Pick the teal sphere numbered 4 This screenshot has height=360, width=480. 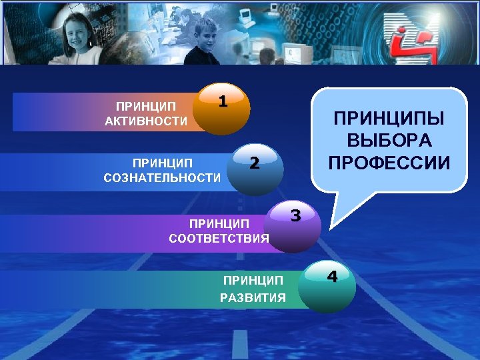pyautogui.click(x=327, y=283)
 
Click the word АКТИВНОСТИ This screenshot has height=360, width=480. pyautogui.click(x=146, y=121)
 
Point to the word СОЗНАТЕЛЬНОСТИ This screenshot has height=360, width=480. pyautogui.click(x=162, y=177)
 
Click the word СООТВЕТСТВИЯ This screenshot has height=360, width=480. pyautogui.click(x=219, y=238)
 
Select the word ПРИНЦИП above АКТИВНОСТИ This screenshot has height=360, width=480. pyautogui.click(x=146, y=106)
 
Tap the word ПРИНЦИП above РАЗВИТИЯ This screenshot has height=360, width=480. pyautogui.click(x=253, y=281)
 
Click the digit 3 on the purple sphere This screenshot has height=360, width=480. pyautogui.click(x=296, y=215)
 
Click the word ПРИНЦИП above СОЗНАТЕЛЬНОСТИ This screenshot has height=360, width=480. pyautogui.click(x=162, y=163)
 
